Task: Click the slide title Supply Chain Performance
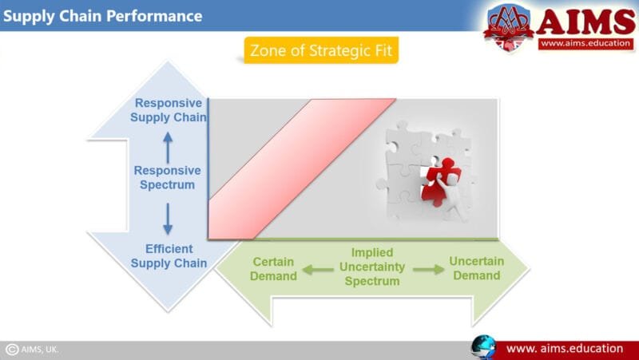coord(103,16)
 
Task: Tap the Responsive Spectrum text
coord(167,177)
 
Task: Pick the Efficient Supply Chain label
coord(169,255)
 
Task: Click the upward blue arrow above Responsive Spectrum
coord(168,147)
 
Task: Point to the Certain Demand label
coord(273,269)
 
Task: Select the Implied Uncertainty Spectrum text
coord(371,267)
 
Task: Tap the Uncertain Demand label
coord(476,268)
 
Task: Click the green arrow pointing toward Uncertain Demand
coord(427,270)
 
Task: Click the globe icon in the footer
coord(483,348)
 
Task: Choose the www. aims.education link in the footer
coord(565,349)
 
